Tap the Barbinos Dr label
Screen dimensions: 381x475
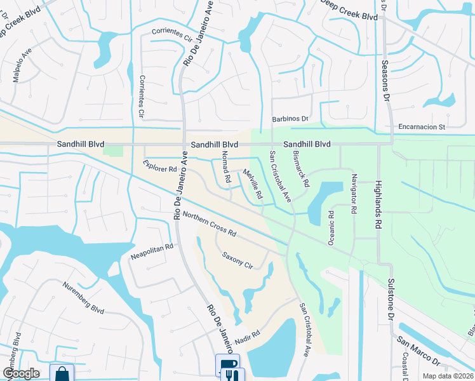click(290, 119)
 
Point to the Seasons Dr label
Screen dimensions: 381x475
click(384, 81)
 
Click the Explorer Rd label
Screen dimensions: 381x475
click(159, 167)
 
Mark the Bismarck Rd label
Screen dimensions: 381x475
click(301, 169)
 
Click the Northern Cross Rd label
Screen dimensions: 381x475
click(209, 224)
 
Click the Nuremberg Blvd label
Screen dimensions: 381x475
click(83, 298)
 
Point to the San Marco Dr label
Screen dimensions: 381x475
click(419, 351)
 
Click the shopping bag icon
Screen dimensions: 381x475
click(62, 373)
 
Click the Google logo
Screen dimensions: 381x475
click(21, 373)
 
